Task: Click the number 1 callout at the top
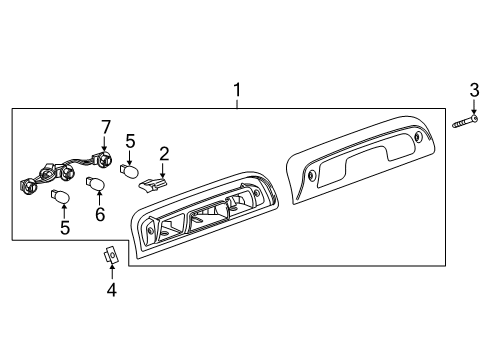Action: click(x=237, y=91)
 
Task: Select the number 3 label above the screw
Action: click(x=474, y=93)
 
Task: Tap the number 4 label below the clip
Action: click(x=112, y=291)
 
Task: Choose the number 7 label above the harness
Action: click(x=104, y=126)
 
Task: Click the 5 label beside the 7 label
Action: click(x=130, y=142)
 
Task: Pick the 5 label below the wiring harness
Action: click(x=65, y=228)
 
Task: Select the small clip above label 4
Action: click(x=111, y=256)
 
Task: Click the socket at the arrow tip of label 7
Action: click(x=101, y=159)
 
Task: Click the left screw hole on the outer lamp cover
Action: click(x=313, y=175)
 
